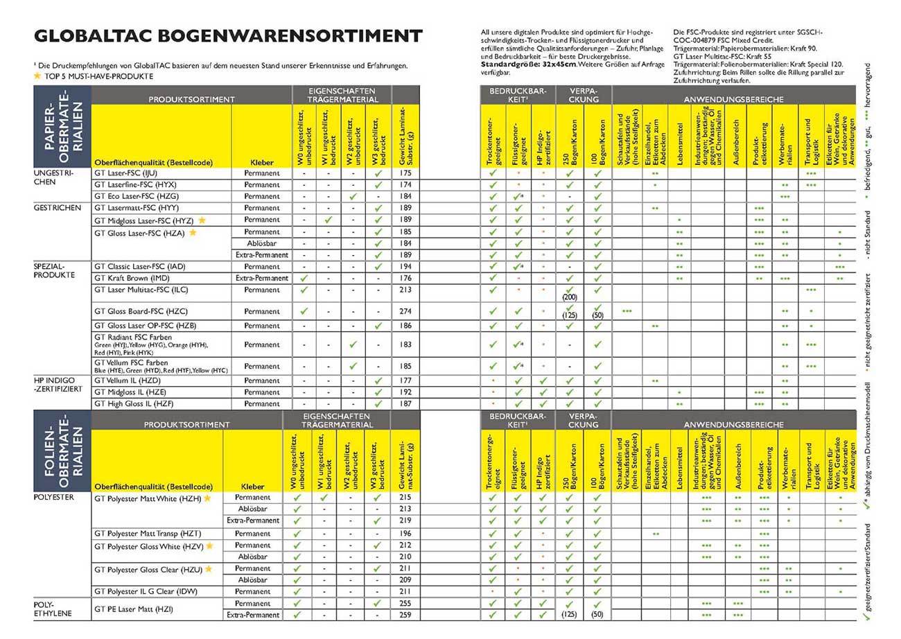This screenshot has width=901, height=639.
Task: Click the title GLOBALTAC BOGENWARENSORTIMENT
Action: pyautogui.click(x=228, y=37)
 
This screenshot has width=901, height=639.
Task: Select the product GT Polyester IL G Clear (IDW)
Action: pyautogui.click(x=143, y=591)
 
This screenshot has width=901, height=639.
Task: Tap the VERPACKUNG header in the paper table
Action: pyautogui.click(x=583, y=95)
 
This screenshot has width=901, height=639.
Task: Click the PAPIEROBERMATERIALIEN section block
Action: pyautogui.click(x=62, y=126)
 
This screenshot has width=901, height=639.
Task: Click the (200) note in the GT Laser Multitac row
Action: pyautogui.click(x=570, y=297)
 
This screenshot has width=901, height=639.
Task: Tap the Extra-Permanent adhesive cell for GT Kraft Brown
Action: pyautogui.click(x=262, y=278)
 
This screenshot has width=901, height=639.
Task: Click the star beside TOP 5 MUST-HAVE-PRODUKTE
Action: pyautogui.click(x=37, y=76)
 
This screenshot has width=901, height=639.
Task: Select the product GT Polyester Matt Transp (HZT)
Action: pyautogui.click(x=146, y=534)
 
